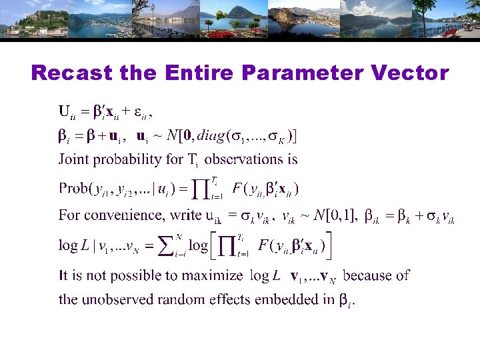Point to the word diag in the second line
211,137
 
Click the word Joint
73,159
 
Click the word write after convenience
187,215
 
